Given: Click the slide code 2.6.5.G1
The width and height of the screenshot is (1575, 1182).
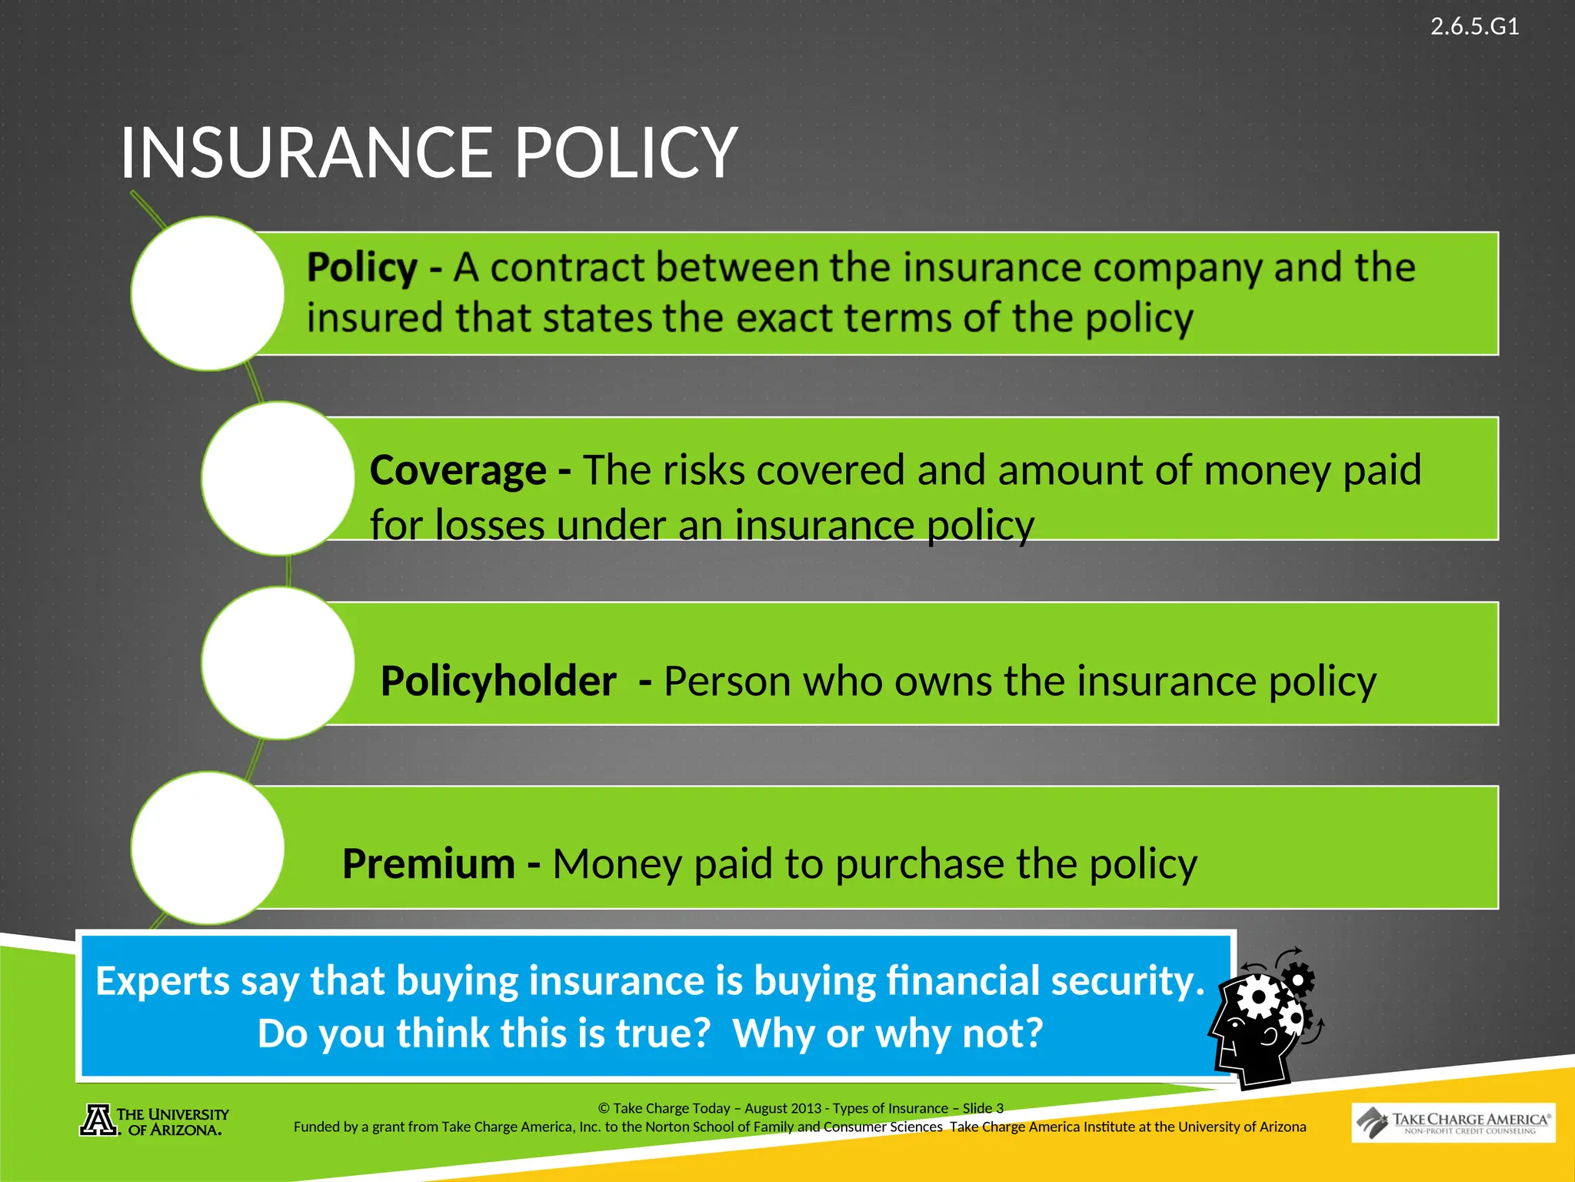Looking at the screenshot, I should click(x=1473, y=27).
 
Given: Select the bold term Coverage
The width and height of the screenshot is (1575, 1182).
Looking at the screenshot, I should click(x=458, y=470).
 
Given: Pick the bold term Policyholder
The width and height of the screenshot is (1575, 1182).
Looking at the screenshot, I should click(x=498, y=681).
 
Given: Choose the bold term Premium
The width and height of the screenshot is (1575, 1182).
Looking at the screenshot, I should click(x=428, y=863).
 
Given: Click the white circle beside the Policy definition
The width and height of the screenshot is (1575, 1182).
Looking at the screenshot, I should click(x=208, y=293).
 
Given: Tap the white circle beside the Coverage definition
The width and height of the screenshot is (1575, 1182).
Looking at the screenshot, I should click(x=278, y=478).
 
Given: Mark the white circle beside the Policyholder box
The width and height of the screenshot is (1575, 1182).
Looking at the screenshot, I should click(x=278, y=663).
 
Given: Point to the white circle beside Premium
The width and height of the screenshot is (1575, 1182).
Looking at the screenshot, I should click(x=208, y=847).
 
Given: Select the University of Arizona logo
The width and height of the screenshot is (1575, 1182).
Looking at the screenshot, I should click(x=155, y=1121).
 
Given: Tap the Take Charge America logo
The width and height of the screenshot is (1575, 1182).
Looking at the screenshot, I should click(x=1453, y=1123).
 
